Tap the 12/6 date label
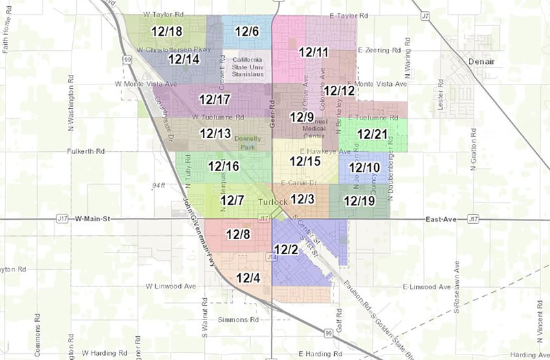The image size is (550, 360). [246, 32]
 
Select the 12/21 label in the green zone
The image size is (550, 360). [373, 133]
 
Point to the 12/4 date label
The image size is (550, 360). [248, 278]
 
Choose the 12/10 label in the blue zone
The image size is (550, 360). [364, 168]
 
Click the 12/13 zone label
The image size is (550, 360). [215, 133]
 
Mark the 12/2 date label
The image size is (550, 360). [285, 249]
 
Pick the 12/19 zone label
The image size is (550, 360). [359, 201]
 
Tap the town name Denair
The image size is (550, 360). [481, 61]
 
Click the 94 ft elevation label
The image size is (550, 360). [160, 185]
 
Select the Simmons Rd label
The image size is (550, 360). [239, 320]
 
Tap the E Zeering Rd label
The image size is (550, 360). [379, 51]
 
